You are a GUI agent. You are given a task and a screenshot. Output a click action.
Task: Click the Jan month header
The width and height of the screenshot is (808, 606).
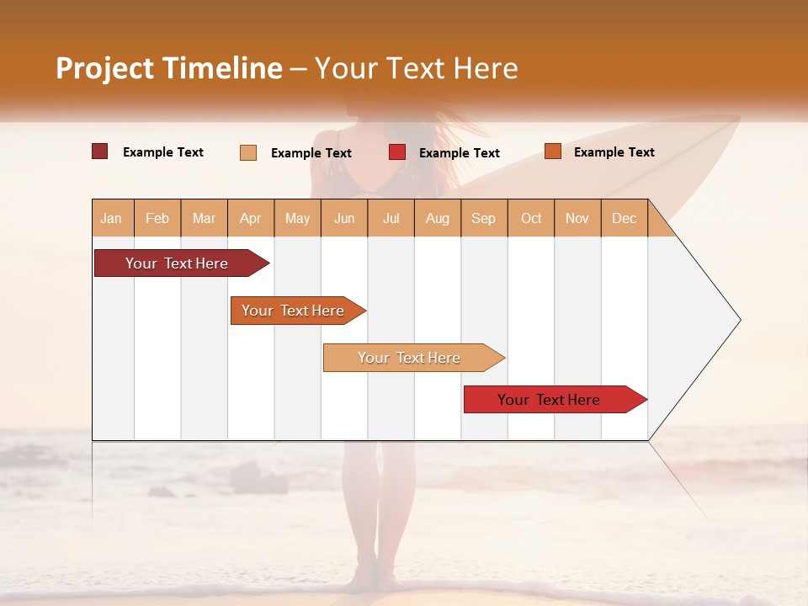click(111, 218)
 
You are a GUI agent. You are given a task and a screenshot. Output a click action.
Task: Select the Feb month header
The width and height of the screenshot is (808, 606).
click(157, 218)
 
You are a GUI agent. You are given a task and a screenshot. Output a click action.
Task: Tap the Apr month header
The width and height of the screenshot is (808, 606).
click(250, 218)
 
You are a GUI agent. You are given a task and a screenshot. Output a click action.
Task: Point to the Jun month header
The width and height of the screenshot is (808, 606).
click(344, 218)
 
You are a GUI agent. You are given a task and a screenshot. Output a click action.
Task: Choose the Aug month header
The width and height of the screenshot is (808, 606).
click(437, 218)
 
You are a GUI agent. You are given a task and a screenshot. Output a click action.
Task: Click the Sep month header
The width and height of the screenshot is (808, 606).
click(483, 218)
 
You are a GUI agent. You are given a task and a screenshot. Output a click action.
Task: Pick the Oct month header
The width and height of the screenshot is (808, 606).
click(531, 218)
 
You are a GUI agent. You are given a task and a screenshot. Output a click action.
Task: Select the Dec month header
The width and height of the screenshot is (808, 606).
click(624, 218)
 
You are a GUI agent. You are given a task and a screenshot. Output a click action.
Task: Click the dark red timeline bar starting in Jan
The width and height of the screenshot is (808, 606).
click(177, 263)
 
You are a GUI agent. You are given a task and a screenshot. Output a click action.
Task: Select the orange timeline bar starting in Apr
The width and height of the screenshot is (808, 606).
click(293, 311)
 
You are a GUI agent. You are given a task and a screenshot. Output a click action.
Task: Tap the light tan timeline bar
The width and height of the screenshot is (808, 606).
click(409, 358)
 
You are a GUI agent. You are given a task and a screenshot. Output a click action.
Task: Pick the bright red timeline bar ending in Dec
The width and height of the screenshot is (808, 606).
click(549, 400)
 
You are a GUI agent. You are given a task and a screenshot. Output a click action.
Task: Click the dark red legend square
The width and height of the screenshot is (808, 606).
click(99, 151)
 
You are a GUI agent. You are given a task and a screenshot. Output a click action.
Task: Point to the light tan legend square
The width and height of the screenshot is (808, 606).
click(248, 152)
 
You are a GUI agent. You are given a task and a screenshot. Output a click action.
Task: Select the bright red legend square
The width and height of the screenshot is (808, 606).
click(397, 152)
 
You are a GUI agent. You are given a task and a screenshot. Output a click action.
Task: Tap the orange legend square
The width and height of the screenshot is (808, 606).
click(552, 151)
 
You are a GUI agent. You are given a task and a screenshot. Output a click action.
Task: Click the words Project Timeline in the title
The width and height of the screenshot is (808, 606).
click(169, 68)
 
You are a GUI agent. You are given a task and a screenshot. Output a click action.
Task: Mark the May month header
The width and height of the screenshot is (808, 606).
click(297, 218)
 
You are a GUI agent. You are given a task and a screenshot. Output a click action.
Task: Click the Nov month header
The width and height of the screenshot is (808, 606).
click(577, 218)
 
